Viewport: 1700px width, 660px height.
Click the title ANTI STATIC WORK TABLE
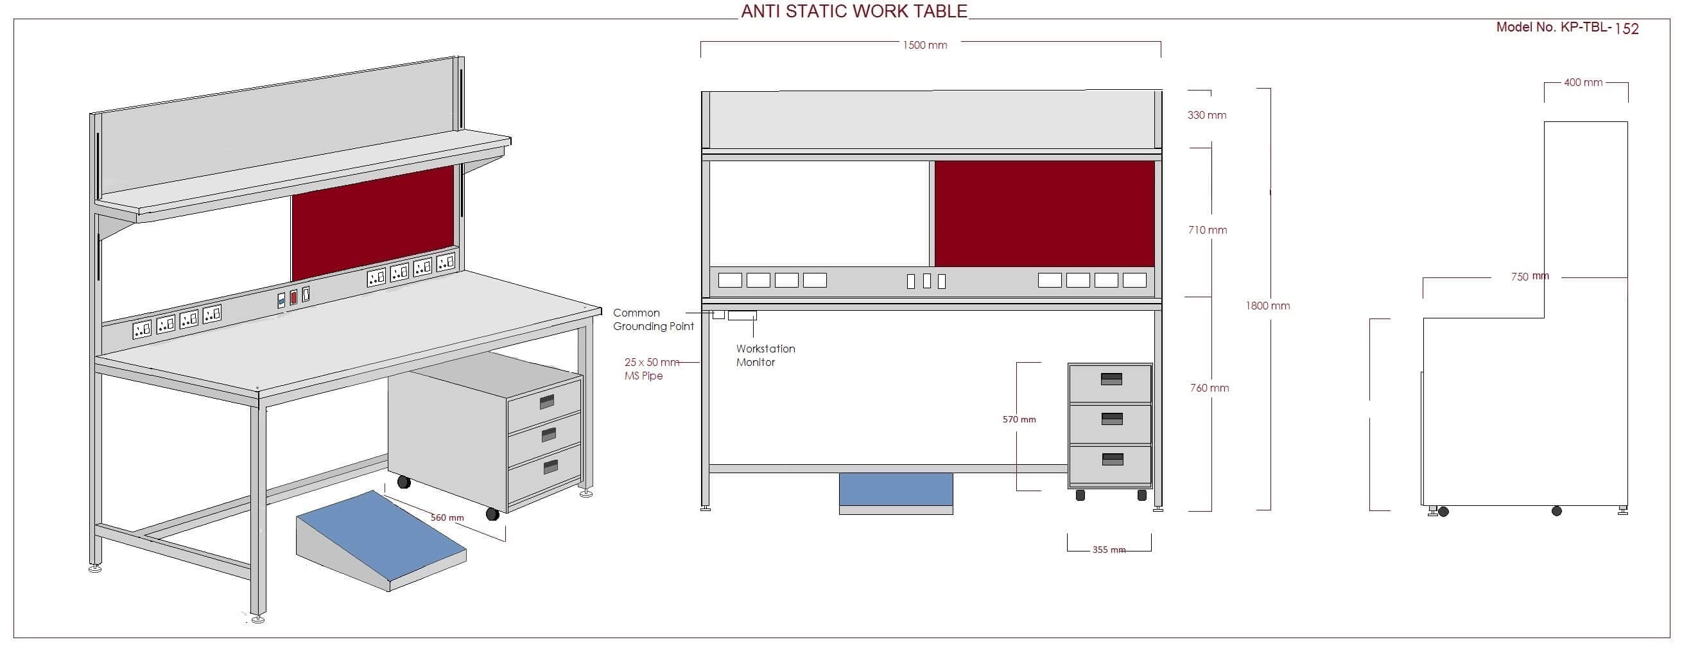(854, 11)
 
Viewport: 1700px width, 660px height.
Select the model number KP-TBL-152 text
(1566, 28)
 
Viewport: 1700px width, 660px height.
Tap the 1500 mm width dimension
(924, 46)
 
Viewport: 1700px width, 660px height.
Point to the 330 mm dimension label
(1206, 116)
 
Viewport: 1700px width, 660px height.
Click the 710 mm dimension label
(1207, 230)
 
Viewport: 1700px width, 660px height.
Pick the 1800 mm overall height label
(1267, 306)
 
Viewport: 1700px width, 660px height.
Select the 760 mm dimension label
(1209, 388)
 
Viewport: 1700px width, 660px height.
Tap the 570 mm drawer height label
(1019, 420)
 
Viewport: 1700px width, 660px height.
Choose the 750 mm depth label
(1529, 277)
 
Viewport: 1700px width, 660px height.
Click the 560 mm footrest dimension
(447, 518)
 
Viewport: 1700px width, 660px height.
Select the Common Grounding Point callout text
(653, 320)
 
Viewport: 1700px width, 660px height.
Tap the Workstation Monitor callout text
(765, 356)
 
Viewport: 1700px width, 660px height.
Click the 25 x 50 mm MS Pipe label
(651, 369)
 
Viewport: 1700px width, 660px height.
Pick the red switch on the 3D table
(293, 297)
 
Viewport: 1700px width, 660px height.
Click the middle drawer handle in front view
(1112, 419)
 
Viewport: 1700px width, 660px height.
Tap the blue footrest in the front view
(896, 489)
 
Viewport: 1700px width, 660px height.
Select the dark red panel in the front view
(1044, 214)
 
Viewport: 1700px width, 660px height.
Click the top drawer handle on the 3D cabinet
(547, 401)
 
